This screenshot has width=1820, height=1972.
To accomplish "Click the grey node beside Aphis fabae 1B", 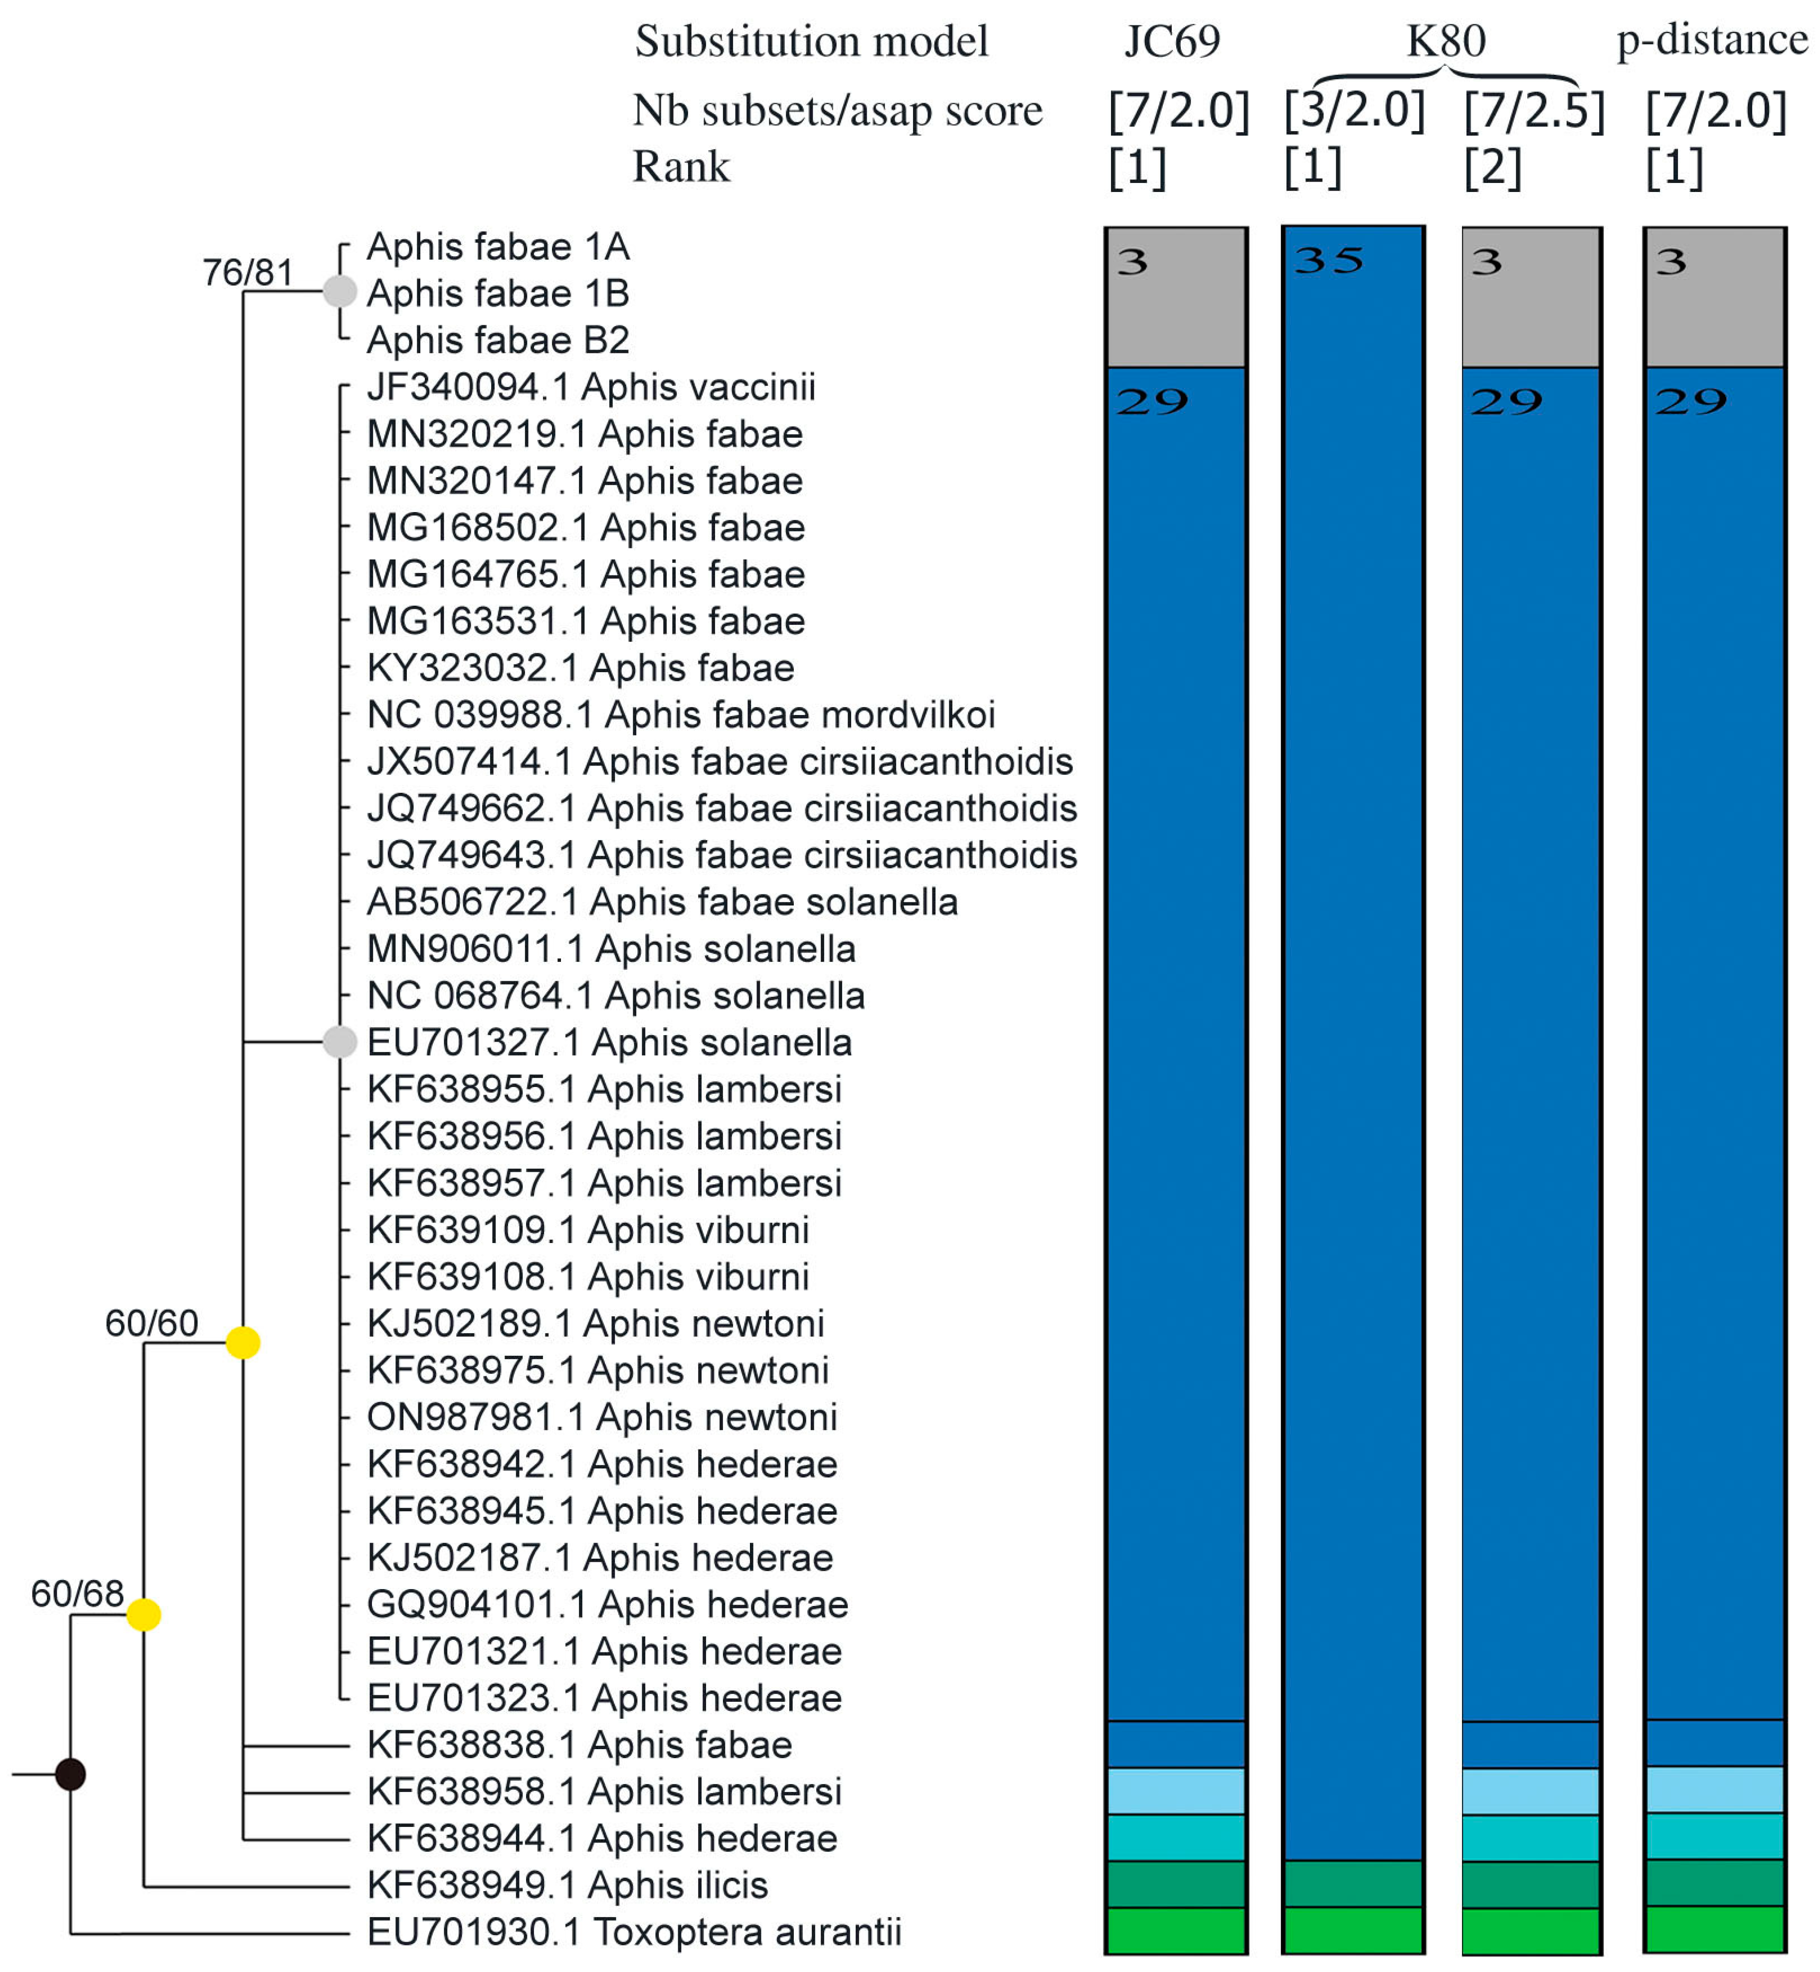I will [x=340, y=292].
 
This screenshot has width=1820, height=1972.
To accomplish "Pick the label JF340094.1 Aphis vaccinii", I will [x=591, y=387].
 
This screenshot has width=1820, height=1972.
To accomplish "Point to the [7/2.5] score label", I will [x=1533, y=110].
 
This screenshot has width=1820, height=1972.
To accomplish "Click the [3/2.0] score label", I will [x=1354, y=110].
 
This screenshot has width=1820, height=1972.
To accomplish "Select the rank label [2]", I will [x=1492, y=168].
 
